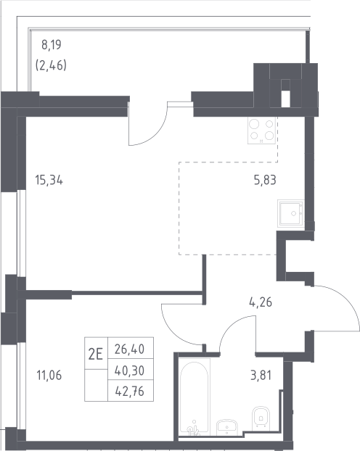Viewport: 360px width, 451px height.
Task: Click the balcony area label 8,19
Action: [x=52, y=45]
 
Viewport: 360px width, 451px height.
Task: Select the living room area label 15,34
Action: [x=49, y=181]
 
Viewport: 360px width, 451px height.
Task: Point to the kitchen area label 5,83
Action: [x=265, y=180]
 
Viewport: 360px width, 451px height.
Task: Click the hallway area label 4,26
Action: [x=261, y=302]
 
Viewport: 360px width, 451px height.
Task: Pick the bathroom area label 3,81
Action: [x=261, y=376]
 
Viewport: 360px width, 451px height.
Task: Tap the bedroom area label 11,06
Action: [x=49, y=376]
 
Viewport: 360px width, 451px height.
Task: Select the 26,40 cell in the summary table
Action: [x=130, y=349]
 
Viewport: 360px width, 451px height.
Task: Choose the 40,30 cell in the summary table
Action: [x=130, y=371]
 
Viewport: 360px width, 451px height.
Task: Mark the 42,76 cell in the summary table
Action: [x=130, y=391]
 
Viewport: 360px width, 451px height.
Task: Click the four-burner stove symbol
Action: [x=262, y=130]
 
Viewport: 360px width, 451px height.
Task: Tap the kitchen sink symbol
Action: [x=291, y=213]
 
